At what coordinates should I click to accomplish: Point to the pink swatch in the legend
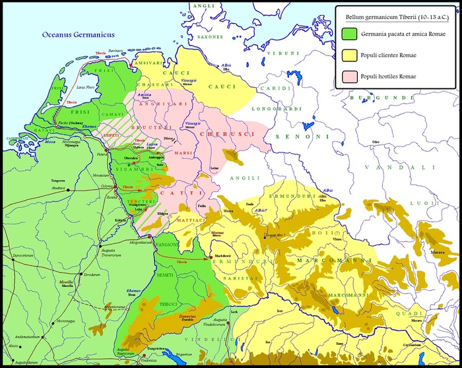[x=351, y=77]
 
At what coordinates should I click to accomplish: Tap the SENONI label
[x=302, y=137]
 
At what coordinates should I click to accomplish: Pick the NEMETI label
[x=165, y=274]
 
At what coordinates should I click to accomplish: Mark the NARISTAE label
[x=243, y=280]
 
